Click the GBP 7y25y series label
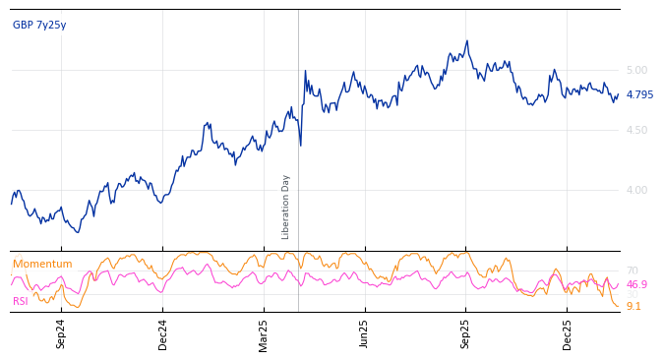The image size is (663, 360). click(x=39, y=26)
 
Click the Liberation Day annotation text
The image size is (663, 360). click(x=286, y=207)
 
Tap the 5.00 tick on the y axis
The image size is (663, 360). click(x=636, y=70)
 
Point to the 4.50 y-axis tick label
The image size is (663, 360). click(x=636, y=130)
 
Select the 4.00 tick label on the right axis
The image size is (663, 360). click(x=636, y=190)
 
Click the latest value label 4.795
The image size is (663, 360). click(x=639, y=95)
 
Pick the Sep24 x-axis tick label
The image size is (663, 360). click(x=61, y=333)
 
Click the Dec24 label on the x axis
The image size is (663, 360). click(x=163, y=333)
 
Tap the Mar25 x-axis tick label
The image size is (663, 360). click(x=264, y=333)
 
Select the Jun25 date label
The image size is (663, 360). click(x=365, y=333)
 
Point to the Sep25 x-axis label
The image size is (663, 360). click(x=466, y=333)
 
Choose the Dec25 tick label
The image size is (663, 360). click(x=568, y=333)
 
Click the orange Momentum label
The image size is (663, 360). click(x=42, y=265)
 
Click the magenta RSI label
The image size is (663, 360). click(x=21, y=302)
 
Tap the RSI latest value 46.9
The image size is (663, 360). click(x=636, y=285)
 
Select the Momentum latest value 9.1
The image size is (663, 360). click(x=633, y=307)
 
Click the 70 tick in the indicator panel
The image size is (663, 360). click(x=632, y=270)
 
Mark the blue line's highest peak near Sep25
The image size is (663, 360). click(x=466, y=41)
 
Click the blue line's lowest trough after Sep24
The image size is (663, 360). click(x=78, y=231)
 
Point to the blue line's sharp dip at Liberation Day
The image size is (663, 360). click(x=300, y=145)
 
